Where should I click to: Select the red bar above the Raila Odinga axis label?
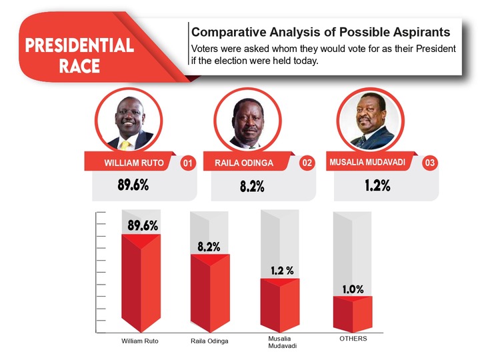(x=210, y=293)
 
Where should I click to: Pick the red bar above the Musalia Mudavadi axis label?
(x=280, y=305)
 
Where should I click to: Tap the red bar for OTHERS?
(x=353, y=314)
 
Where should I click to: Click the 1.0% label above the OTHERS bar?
(x=353, y=289)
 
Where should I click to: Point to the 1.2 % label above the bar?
(x=282, y=270)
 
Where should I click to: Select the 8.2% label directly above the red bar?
(x=209, y=247)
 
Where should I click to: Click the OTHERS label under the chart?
(x=353, y=339)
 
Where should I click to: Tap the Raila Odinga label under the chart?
(x=209, y=341)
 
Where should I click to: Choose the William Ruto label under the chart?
(x=140, y=341)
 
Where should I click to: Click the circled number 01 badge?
(x=187, y=163)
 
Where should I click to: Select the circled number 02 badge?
(x=307, y=163)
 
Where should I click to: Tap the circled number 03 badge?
(x=430, y=163)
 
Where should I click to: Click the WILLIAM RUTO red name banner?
(x=130, y=161)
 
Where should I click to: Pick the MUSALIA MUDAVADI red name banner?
(x=371, y=161)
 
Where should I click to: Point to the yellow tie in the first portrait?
(x=125, y=145)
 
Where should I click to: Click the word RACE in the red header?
(x=79, y=66)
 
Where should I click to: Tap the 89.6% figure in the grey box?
(x=133, y=185)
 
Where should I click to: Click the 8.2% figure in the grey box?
(x=252, y=186)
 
